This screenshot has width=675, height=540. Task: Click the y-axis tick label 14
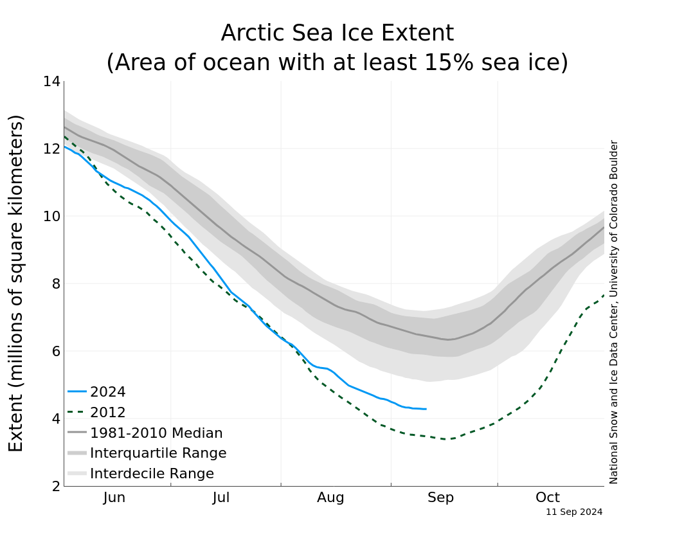(x=52, y=82)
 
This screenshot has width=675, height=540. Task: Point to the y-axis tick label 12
(x=52, y=149)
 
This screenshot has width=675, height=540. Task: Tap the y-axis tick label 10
(x=52, y=217)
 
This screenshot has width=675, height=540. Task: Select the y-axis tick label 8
(x=56, y=284)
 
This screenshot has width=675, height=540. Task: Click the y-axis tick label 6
(x=56, y=352)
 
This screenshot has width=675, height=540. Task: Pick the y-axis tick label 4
(x=56, y=419)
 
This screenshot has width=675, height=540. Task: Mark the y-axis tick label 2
(x=56, y=487)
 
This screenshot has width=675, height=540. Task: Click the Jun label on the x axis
(x=114, y=498)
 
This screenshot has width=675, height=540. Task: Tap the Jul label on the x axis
(x=221, y=498)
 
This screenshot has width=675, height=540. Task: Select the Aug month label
(x=330, y=498)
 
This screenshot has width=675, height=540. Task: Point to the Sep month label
(x=440, y=498)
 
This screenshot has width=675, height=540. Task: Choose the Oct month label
(x=548, y=498)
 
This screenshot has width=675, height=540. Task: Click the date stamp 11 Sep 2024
(x=574, y=512)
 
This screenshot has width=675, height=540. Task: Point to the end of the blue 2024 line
(x=426, y=409)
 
